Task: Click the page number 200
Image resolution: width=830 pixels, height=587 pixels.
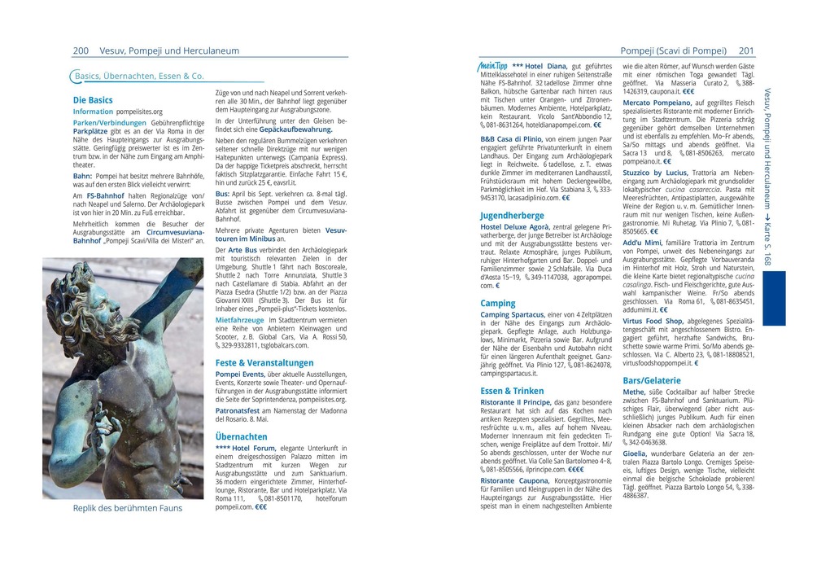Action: [81, 50]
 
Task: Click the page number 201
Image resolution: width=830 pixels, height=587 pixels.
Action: [746, 50]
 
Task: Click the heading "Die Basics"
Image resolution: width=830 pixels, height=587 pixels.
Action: [93, 100]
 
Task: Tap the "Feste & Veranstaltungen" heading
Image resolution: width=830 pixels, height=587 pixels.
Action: [264, 362]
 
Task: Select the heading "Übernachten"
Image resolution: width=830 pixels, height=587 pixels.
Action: [242, 436]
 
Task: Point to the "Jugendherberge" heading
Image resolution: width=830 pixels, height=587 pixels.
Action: [512, 216]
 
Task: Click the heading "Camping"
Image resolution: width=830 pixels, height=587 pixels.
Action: [498, 303]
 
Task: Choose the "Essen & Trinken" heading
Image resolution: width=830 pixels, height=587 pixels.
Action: [512, 391]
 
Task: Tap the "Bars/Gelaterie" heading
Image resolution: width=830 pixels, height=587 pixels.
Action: [652, 380]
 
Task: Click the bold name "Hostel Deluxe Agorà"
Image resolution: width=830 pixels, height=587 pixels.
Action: [515, 226]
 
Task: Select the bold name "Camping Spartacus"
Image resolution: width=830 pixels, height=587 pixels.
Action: [513, 314]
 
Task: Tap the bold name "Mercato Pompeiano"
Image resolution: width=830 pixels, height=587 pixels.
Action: [656, 103]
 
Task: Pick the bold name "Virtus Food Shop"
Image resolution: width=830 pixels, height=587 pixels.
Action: [653, 321]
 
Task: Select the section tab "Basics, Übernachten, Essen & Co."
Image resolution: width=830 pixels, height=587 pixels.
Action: [139, 76]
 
